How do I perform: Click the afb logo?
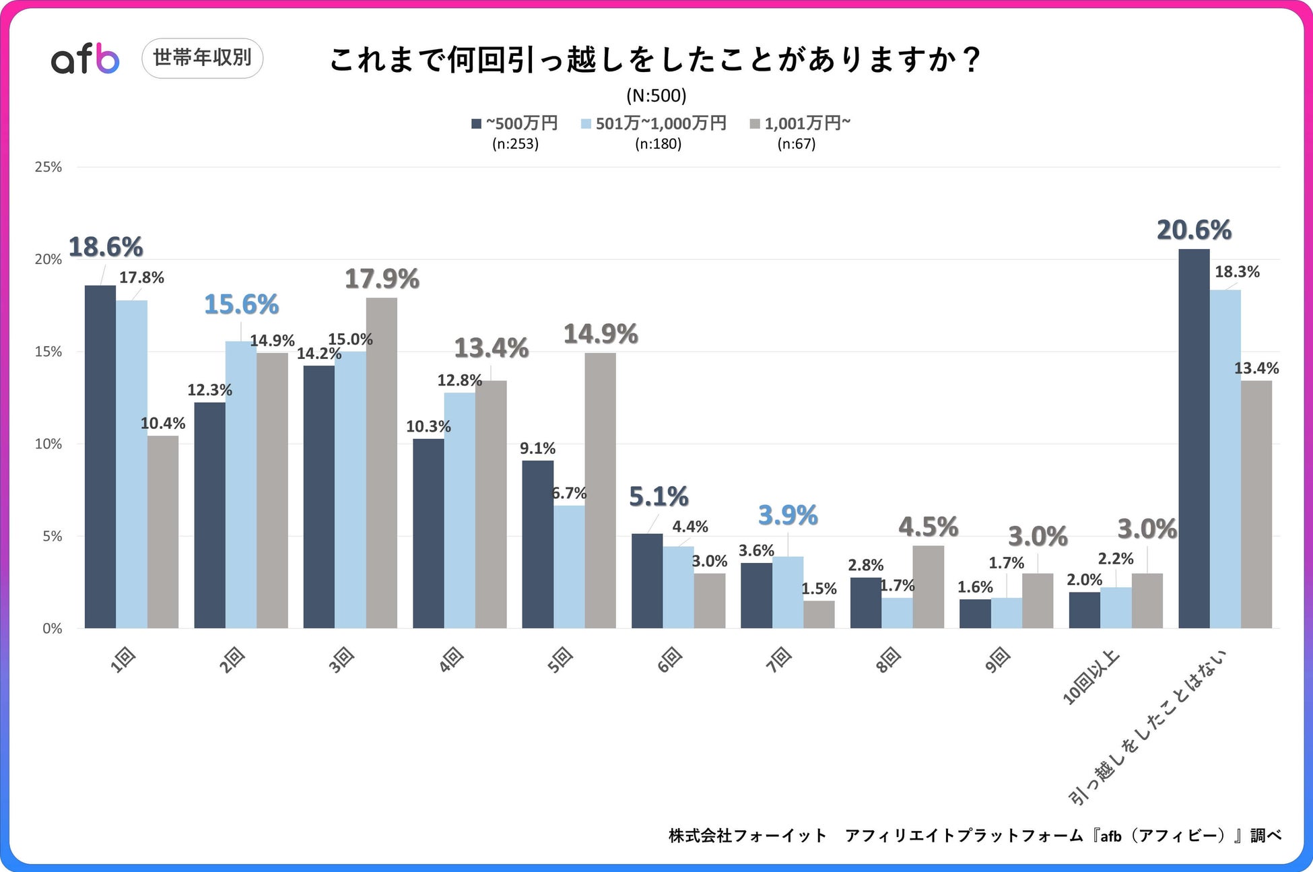[85, 59]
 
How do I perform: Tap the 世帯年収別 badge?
[202, 58]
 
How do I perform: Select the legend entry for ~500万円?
[515, 124]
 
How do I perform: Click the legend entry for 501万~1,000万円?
[654, 124]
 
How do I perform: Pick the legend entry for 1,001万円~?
[801, 124]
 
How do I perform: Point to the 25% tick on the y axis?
[48, 167]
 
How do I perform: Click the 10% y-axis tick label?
[48, 444]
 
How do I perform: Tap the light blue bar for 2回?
[241, 485]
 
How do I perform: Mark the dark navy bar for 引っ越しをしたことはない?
[1194, 438]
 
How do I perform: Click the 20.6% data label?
[1194, 230]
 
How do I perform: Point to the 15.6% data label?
[241, 304]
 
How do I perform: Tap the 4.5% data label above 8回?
[928, 527]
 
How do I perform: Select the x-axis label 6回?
[670, 660]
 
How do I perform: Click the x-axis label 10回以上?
[1091, 677]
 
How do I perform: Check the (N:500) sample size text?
[656, 96]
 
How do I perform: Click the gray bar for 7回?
[819, 614]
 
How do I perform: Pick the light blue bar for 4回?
[459, 510]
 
